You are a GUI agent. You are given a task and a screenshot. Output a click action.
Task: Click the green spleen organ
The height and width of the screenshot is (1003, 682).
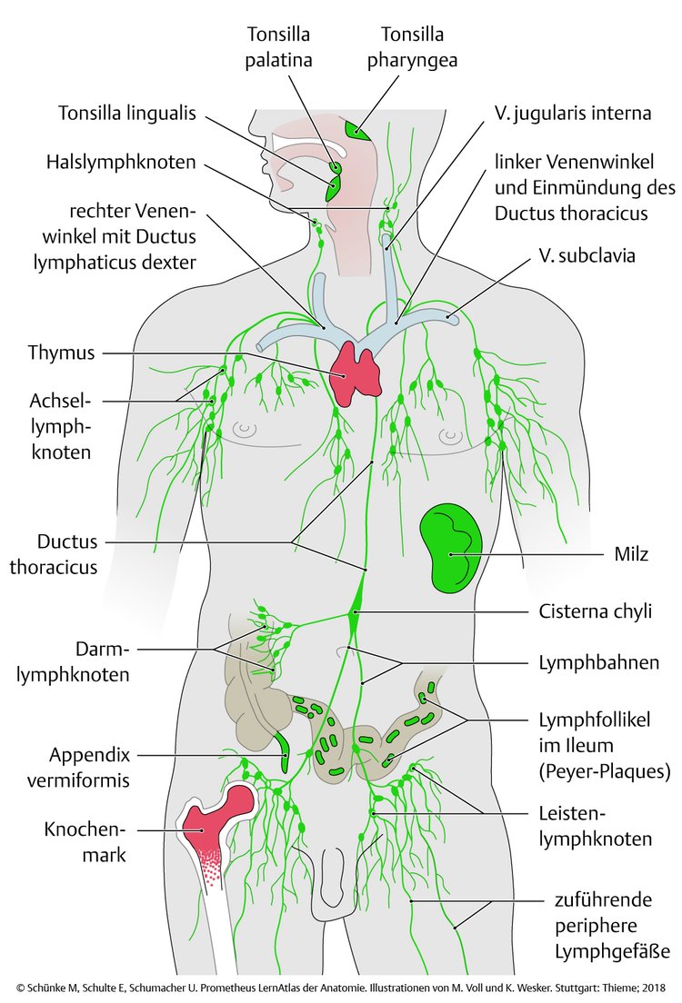coord(450,547)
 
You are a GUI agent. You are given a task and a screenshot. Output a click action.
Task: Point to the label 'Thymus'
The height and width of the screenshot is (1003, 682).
coord(61,353)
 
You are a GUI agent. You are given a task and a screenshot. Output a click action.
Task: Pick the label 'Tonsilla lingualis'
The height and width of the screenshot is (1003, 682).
coord(127,114)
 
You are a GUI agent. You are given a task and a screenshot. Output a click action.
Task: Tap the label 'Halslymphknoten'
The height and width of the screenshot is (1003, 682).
coord(122,164)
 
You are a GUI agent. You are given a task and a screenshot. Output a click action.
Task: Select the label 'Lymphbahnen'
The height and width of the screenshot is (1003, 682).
coord(597,662)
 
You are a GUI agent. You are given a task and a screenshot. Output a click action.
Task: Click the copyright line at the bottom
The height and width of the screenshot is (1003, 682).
coord(340,987)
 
